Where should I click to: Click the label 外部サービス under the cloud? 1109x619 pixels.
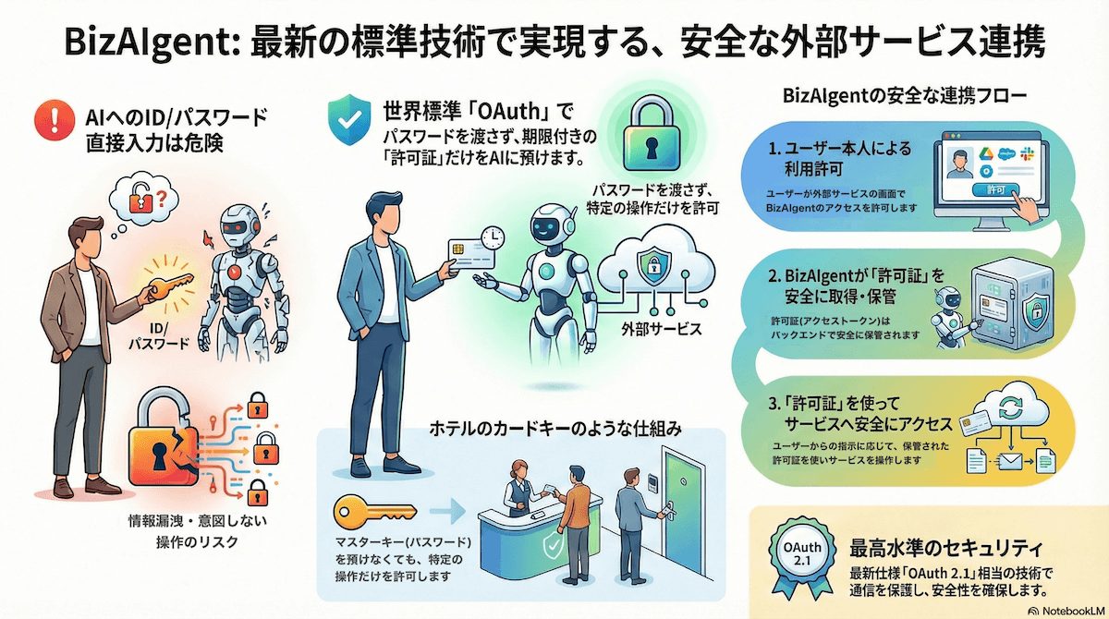(658, 329)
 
